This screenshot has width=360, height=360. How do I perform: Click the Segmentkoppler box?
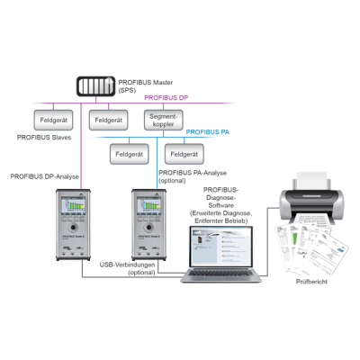[163, 120]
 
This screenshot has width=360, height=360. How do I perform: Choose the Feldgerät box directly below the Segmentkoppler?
[180, 153]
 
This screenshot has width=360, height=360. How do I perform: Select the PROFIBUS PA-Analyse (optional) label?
[184, 175]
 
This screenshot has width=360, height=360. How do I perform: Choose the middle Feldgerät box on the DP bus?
[110, 119]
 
